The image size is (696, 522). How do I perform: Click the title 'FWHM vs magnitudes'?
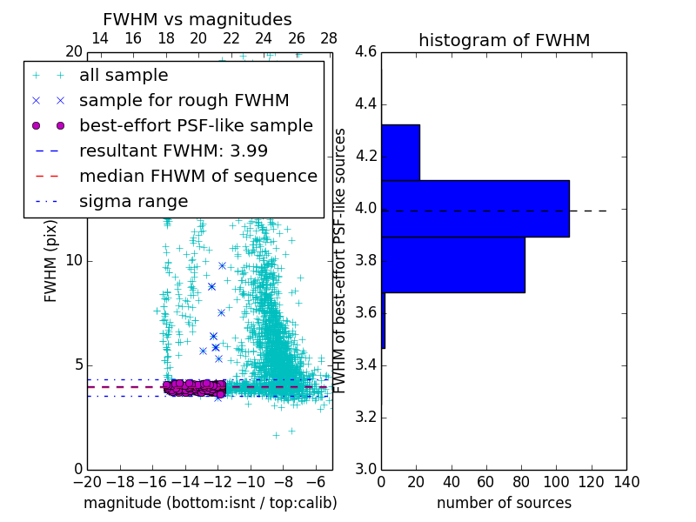[197, 20]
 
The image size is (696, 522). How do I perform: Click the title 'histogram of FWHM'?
[504, 40]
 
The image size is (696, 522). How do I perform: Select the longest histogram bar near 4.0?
[475, 209]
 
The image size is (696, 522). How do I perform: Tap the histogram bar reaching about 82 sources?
[452, 264]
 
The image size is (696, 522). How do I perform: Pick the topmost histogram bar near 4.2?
[400, 152]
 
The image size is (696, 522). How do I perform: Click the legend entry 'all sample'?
[124, 76]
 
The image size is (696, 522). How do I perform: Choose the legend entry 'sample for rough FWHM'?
[184, 100]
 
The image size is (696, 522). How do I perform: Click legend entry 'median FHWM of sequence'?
[197, 176]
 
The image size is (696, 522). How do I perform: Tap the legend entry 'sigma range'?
[133, 201]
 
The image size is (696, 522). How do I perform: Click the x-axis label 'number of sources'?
[504, 503]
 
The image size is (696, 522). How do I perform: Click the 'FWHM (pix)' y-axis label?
[51, 262]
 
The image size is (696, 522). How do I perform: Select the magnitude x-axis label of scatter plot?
[210, 503]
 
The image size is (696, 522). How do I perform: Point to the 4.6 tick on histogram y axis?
[365, 52]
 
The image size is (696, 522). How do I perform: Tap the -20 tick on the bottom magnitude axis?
[87, 481]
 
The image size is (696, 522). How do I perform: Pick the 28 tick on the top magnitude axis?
[329, 39]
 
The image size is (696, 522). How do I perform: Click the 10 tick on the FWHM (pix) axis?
[73, 261]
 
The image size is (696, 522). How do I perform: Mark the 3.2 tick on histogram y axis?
[365, 418]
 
